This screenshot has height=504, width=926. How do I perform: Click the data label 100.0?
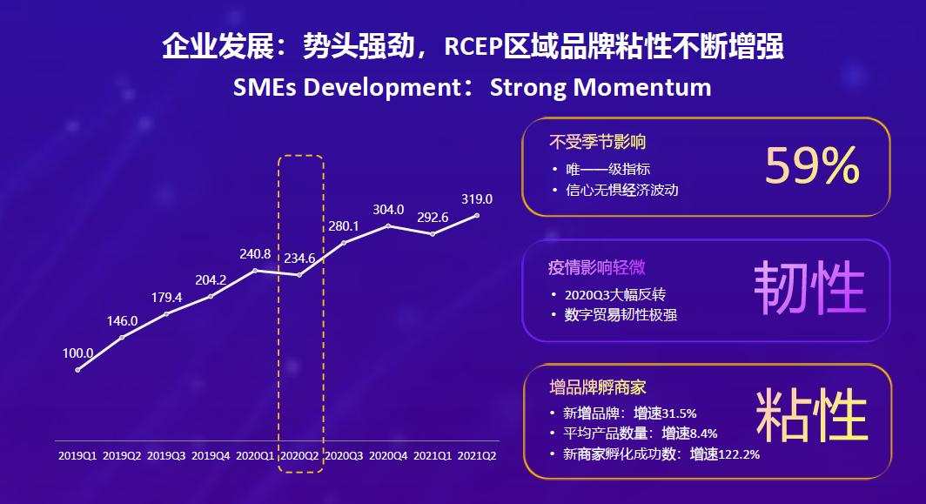(x=77, y=353)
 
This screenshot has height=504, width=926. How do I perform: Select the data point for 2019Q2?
(x=122, y=337)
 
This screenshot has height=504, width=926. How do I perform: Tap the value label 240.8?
(x=257, y=254)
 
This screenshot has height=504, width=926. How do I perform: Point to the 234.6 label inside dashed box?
(x=299, y=259)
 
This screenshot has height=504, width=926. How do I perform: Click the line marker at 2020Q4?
(x=388, y=225)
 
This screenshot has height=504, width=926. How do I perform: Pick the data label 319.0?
(x=477, y=198)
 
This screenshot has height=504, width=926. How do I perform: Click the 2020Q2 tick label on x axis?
(x=300, y=455)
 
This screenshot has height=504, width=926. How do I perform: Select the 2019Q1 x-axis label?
(x=77, y=455)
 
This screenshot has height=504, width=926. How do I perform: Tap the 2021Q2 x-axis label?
(x=478, y=455)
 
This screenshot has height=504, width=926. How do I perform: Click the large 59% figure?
(x=811, y=166)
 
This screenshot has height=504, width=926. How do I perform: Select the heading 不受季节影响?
(x=597, y=141)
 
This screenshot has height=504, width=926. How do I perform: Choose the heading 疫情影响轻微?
(x=597, y=266)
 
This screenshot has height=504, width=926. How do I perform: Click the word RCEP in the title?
(x=475, y=46)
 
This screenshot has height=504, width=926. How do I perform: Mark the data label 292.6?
(x=433, y=218)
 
